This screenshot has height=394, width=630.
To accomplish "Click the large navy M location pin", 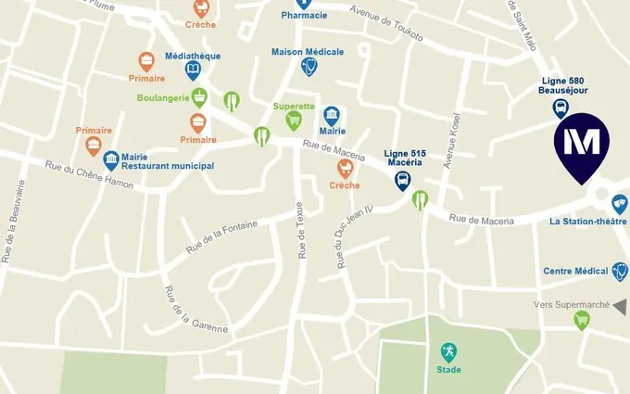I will click(x=581, y=144).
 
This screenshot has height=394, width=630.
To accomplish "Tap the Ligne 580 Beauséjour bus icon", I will click(x=561, y=108).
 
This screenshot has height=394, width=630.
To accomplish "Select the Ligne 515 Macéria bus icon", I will click(x=403, y=180).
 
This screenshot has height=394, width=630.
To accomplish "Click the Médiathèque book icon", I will click(x=193, y=70).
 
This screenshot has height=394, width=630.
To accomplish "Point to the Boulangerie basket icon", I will click(x=199, y=96).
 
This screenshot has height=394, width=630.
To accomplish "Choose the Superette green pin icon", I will click(x=294, y=121).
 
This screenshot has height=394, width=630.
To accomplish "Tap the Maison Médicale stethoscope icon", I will click(x=309, y=66).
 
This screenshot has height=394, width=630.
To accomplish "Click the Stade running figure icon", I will click(x=448, y=352).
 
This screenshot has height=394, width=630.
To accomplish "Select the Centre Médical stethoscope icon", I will click(x=620, y=271).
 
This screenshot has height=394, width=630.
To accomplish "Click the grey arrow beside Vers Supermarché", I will click(x=620, y=306).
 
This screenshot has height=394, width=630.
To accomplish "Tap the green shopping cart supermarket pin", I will click(x=582, y=321).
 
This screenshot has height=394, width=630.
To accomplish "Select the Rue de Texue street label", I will click(x=301, y=230).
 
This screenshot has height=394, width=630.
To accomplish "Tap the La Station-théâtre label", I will click(x=587, y=222).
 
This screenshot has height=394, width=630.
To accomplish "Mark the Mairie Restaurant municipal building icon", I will click(x=111, y=160).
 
